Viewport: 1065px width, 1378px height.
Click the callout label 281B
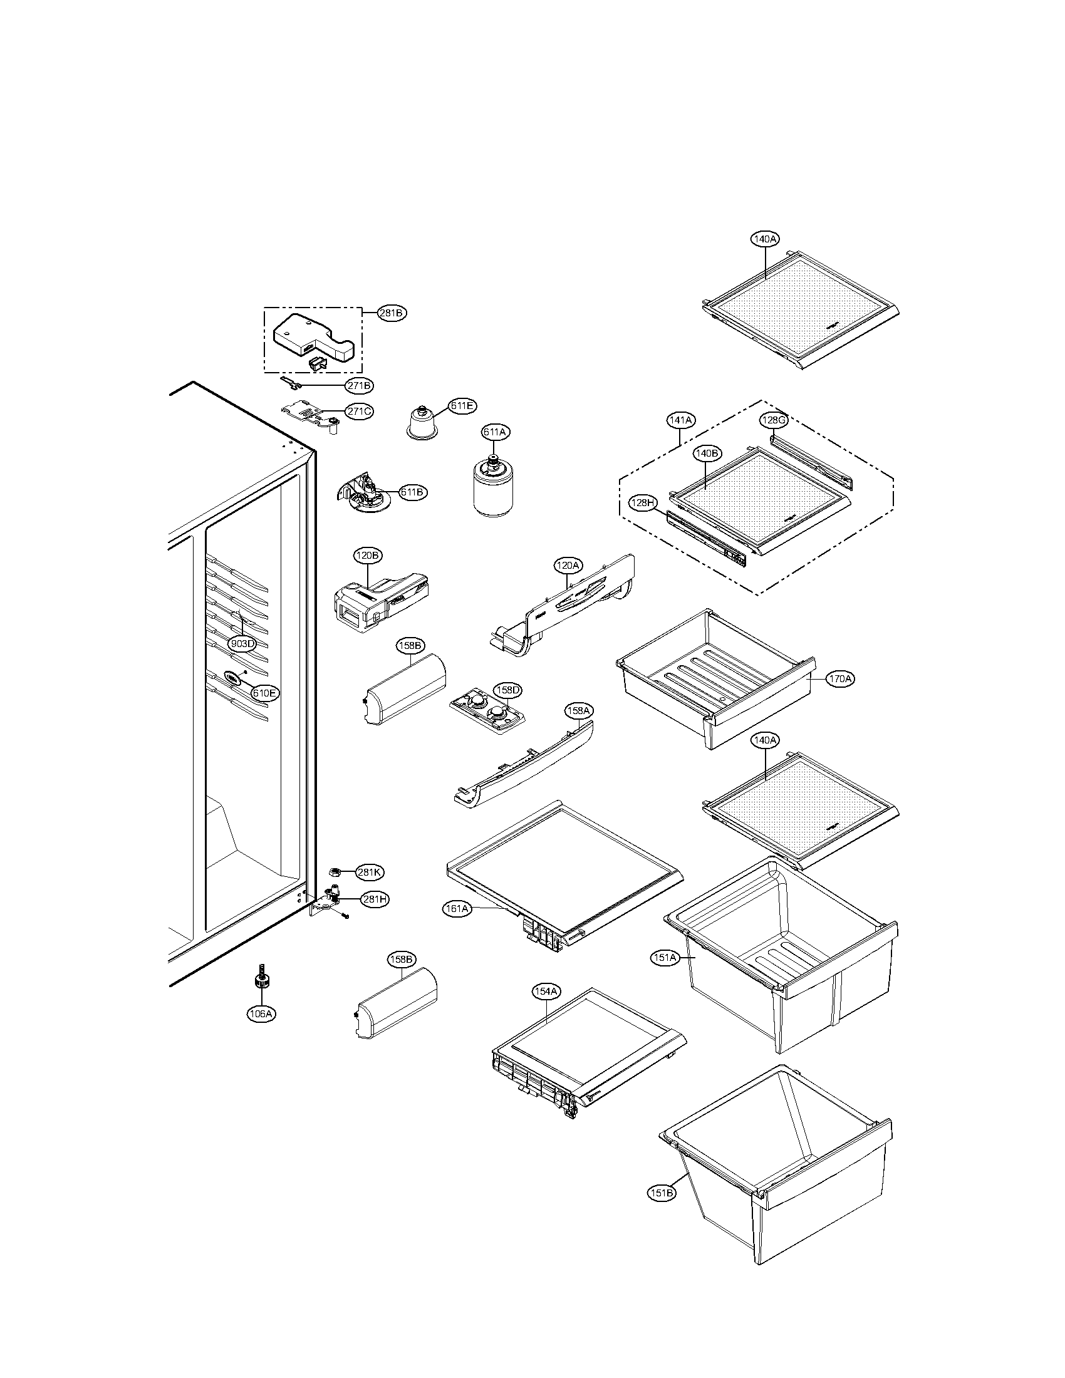coord(392,313)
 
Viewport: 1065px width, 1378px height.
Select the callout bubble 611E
coord(462,406)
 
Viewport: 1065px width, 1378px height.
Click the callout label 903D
coord(242,643)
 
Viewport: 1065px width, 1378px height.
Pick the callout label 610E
coord(264,692)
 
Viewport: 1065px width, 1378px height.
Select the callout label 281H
coord(374,899)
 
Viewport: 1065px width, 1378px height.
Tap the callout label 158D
coord(507,690)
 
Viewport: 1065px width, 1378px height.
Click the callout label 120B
coord(367,555)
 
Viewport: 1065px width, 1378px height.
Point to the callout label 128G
coord(773,420)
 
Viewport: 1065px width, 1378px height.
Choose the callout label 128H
coord(643,502)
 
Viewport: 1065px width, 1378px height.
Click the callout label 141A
coord(680,420)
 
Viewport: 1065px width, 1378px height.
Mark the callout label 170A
coord(840,679)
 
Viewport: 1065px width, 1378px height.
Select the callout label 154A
coord(546,992)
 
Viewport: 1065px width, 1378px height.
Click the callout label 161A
coord(457,909)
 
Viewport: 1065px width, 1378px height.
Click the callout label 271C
coord(359,412)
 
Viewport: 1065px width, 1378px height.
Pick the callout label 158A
coord(579,711)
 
